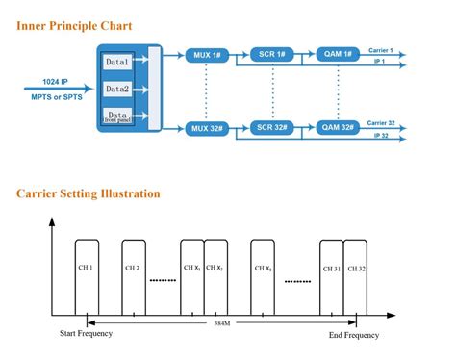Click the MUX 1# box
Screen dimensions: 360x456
coord(207,55)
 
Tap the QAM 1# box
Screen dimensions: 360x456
coord(339,55)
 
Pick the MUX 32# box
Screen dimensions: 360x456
coord(207,128)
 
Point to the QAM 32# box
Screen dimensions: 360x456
coord(339,127)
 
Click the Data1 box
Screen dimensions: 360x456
coord(117,63)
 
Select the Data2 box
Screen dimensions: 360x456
coord(117,90)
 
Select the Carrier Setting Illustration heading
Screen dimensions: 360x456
coord(88,193)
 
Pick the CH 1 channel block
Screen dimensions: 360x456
coord(86,269)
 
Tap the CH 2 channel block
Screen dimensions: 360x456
coord(132,269)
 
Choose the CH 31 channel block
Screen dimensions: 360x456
coord(331,269)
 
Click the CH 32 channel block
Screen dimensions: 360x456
coord(356,269)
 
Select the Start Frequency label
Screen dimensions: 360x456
coord(87,335)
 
